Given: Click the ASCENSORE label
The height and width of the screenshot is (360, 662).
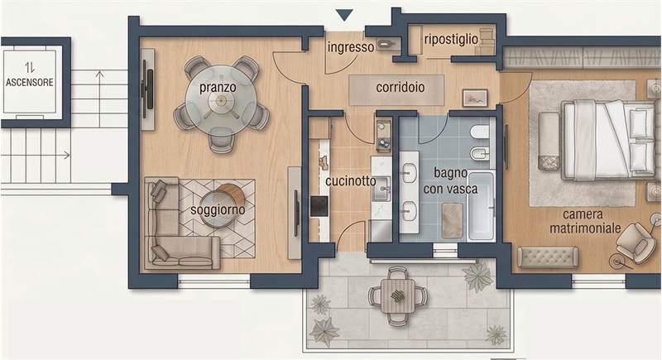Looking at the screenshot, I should point(30,82).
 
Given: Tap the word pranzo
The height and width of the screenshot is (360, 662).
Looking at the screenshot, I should point(218,86).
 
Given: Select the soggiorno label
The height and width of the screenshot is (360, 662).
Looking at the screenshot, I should point(218,210).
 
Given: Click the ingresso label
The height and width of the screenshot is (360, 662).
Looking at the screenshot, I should point(350,47).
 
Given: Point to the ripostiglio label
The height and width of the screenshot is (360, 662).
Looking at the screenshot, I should point(450,39).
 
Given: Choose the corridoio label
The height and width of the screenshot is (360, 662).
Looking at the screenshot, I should point(401,86).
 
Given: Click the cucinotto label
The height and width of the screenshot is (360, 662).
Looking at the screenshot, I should point(349,181).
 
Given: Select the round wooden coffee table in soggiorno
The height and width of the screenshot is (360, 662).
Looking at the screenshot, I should point(232,195).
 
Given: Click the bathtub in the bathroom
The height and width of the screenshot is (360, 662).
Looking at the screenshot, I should point(481,205).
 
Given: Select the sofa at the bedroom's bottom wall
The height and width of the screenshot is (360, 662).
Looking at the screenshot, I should point(547,257).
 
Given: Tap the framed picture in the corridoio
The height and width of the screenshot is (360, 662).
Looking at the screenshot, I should point(475,98).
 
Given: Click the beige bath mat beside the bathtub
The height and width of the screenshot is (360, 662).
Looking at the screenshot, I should point(451,219).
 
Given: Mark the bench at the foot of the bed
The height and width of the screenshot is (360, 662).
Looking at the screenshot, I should point(549,141).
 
